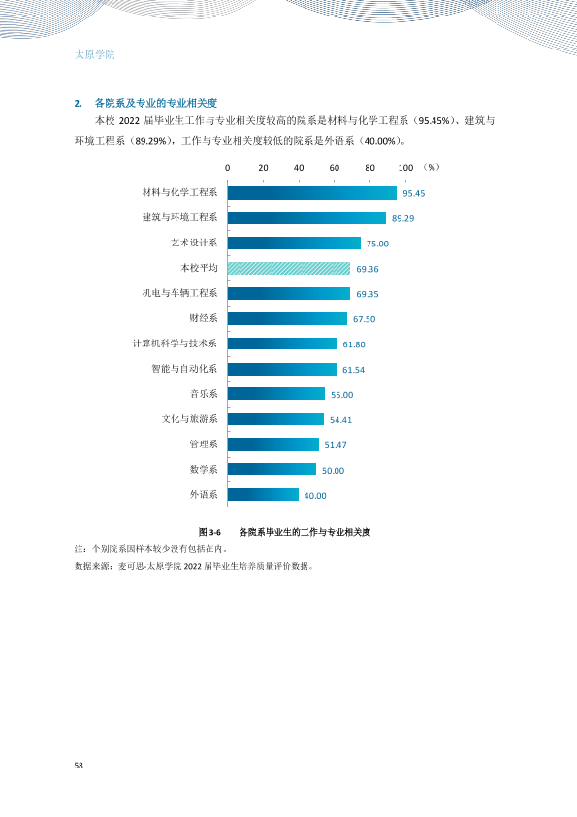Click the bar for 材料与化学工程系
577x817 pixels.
pyautogui.click(x=312, y=193)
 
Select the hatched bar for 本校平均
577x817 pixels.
pyautogui.click(x=289, y=269)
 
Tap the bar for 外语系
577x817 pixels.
pyautogui.click(x=263, y=495)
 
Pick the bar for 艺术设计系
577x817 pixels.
pyautogui.click(x=294, y=243)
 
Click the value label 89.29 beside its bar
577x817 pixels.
pyautogui.click(x=403, y=218)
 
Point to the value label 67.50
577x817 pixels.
pyautogui.click(x=364, y=319)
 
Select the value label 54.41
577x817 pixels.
pyautogui.click(x=340, y=420)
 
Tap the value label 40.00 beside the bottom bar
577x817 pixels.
pyautogui.click(x=315, y=496)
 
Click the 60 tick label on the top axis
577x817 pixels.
pyautogui.click(x=335, y=168)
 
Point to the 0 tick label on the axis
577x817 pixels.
pyautogui.click(x=228, y=168)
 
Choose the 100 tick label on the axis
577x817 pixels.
pyautogui.click(x=405, y=168)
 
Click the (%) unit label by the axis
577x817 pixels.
pyautogui.click(x=432, y=167)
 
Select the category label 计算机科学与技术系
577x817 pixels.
pyautogui.click(x=175, y=343)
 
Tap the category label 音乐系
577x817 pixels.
pyautogui.click(x=204, y=394)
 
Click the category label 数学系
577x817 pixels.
pyautogui.click(x=204, y=470)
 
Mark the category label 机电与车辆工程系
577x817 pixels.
pyautogui.click(x=179, y=293)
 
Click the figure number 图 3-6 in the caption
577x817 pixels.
pyautogui.click(x=209, y=532)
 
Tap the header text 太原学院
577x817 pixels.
pyautogui.click(x=95, y=54)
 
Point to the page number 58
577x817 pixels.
pyautogui.click(x=79, y=765)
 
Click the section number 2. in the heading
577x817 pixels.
pyautogui.click(x=79, y=103)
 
